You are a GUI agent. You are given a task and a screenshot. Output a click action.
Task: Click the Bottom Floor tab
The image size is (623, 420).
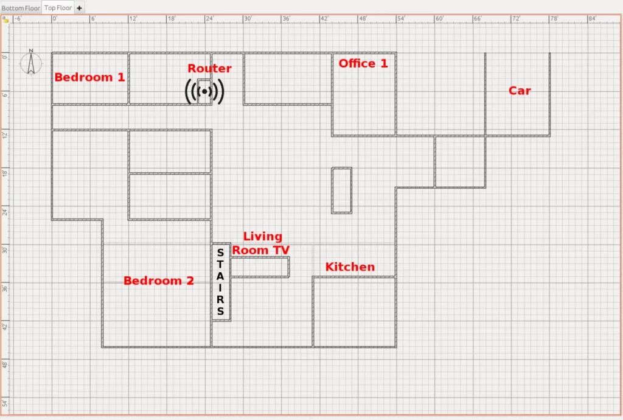coord(21,8)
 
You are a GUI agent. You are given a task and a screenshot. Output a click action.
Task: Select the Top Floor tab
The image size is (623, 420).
coord(58,8)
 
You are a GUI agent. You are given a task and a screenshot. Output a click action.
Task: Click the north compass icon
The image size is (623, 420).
coord(30,63)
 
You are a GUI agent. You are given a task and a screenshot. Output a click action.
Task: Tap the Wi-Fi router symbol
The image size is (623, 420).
coord(204,91)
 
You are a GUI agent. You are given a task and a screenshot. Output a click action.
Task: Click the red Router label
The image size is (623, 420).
coord(209,69)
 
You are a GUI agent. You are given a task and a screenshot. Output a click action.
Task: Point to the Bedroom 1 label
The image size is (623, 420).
coord(89,77)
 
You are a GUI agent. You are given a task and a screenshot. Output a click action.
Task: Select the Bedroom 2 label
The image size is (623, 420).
coord(158,281)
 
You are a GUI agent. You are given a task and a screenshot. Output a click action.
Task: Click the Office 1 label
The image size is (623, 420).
coord(363,63)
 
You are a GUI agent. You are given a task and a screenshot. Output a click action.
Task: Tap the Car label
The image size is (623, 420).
coord(520,91)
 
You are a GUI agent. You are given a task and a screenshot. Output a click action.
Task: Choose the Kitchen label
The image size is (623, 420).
coord(350,267)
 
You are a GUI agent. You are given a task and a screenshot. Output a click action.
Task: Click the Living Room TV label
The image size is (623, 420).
coord(262,243)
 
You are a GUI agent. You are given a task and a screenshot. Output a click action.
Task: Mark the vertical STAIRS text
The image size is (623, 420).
coord(220,281)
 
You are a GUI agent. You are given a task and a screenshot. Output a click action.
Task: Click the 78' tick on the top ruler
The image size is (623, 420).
coord(553,19)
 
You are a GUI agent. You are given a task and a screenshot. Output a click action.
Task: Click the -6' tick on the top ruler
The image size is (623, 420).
coord(18,19)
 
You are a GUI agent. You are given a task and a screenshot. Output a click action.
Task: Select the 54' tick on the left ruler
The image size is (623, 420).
coord(5,404)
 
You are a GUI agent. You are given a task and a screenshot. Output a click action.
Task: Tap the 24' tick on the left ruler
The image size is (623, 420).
coord(5,211)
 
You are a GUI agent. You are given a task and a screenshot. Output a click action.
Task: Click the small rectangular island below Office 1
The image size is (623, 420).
coord(341,191)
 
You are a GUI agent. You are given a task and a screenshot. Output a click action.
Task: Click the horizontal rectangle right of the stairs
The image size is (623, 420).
coord(260,267)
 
